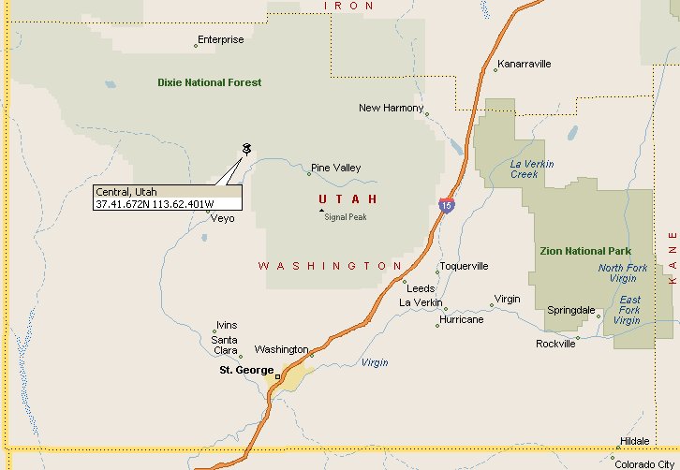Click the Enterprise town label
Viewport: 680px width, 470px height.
click(221, 40)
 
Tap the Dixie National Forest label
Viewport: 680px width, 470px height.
click(209, 82)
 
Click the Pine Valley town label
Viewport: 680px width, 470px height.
click(335, 168)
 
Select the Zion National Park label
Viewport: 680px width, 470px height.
click(585, 251)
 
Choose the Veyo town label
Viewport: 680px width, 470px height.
click(223, 218)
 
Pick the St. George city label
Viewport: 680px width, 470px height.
click(245, 370)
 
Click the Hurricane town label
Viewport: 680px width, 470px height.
click(461, 319)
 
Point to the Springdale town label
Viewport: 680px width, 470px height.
click(570, 310)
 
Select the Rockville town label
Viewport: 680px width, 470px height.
click(555, 344)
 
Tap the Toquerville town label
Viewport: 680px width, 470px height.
click(464, 266)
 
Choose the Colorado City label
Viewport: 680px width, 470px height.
click(645, 463)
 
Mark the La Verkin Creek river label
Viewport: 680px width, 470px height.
click(531, 169)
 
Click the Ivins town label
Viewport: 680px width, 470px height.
click(227, 325)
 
